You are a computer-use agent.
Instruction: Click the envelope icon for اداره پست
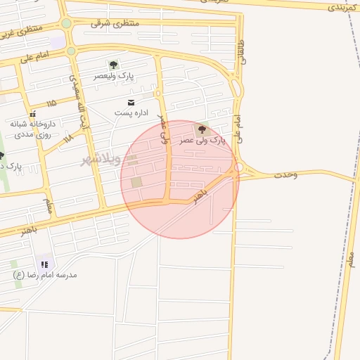click(131, 103)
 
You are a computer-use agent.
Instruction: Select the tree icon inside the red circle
click(202, 129)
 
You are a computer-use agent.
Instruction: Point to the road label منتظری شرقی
click(115, 23)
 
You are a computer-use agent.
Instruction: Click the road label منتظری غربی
click(21, 32)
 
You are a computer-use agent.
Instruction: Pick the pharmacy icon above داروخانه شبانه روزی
click(32, 114)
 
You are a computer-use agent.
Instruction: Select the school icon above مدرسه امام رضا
click(45, 264)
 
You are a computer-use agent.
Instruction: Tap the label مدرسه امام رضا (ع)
click(45, 275)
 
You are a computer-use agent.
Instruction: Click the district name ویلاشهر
click(101, 160)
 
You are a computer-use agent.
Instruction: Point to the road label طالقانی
click(243, 52)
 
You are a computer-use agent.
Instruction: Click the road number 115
click(50, 104)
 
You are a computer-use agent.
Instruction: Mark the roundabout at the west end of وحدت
click(239, 167)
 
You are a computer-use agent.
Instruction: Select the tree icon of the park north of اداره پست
click(114, 65)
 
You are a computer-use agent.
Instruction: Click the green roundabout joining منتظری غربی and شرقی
click(66, 23)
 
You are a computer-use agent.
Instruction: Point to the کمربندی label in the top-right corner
click(342, 8)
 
